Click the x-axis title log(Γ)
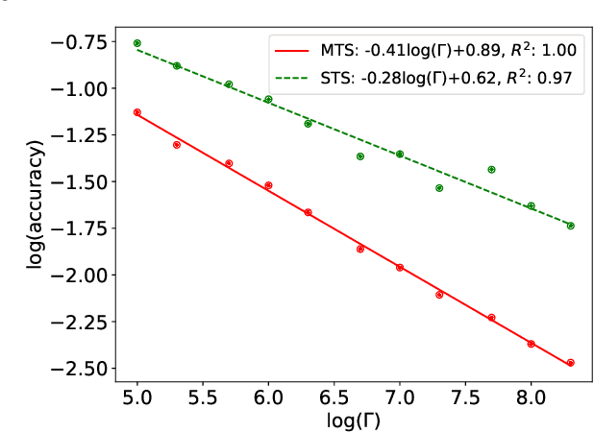(x=334, y=419)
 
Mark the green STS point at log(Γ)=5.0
(x=137, y=43)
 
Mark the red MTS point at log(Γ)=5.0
(x=137, y=112)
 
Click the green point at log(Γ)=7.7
(x=491, y=170)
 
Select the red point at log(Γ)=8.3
(x=570, y=363)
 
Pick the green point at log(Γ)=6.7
(x=360, y=156)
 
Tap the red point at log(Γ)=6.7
(x=360, y=249)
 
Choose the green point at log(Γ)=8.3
(x=570, y=226)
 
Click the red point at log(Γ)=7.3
(x=439, y=295)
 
